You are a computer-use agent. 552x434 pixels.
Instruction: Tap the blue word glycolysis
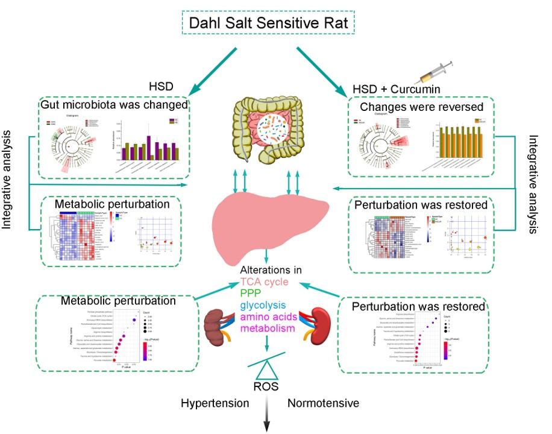pyautogui.click(x=262, y=305)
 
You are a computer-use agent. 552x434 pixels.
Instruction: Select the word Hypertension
pyautogui.click(x=215, y=402)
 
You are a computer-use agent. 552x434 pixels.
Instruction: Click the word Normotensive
pyautogui.click(x=319, y=402)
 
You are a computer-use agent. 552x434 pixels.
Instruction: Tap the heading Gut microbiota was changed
pyautogui.click(x=114, y=104)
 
